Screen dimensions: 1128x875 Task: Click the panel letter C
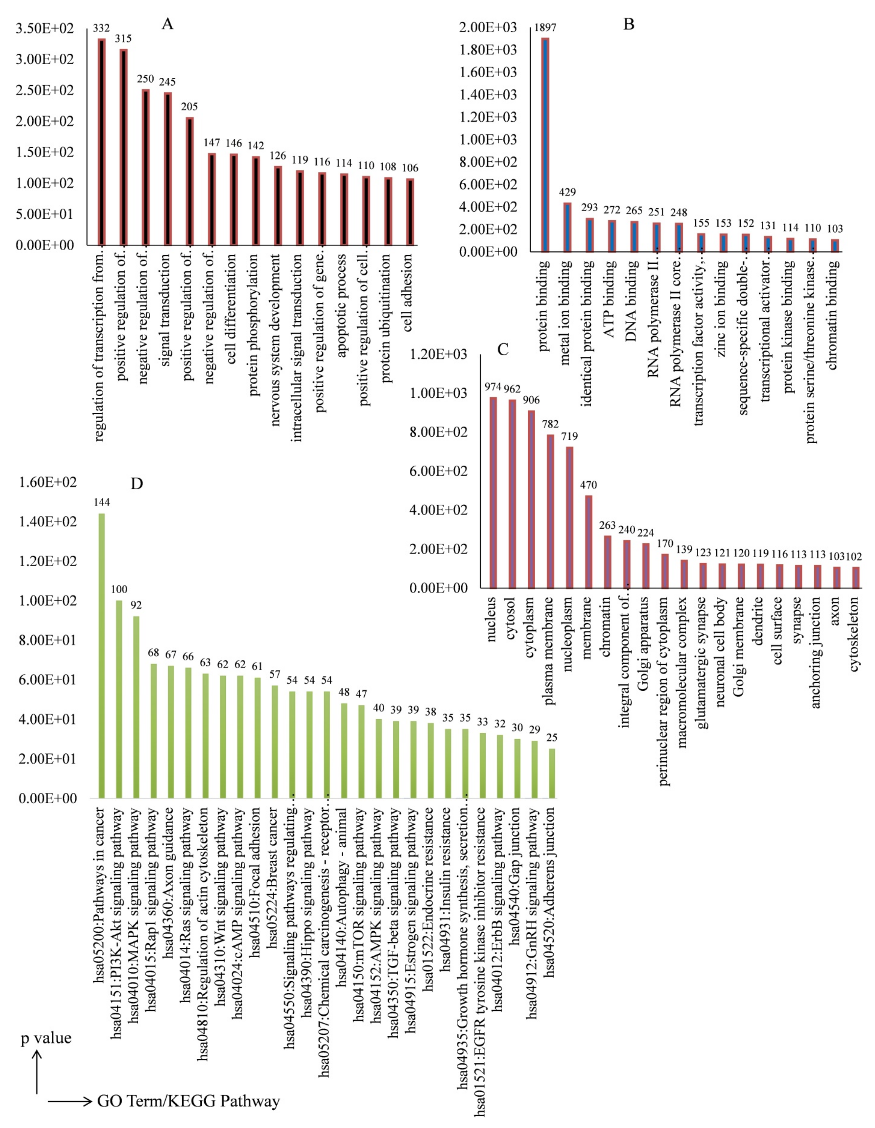click(x=502, y=350)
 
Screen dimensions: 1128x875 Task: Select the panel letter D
click(x=136, y=483)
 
